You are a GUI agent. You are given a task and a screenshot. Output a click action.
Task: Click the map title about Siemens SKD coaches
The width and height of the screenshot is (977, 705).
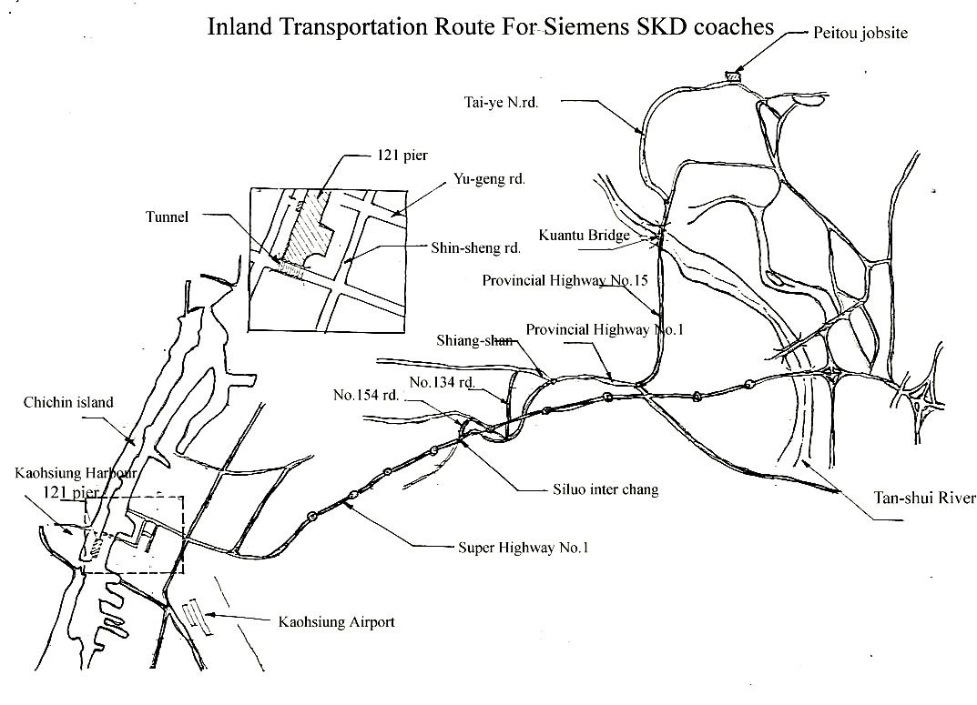click(x=491, y=25)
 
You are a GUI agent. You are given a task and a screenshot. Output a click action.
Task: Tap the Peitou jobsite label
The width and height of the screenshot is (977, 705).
click(x=860, y=33)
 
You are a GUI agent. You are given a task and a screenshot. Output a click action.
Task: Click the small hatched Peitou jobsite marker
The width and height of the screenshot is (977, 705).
click(x=732, y=76)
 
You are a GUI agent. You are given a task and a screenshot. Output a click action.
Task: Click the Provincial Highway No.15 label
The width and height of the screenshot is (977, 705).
click(x=564, y=280)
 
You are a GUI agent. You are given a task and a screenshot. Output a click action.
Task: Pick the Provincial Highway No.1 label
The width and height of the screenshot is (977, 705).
click(x=604, y=328)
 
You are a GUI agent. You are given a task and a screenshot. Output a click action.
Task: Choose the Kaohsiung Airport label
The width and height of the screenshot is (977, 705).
click(x=336, y=622)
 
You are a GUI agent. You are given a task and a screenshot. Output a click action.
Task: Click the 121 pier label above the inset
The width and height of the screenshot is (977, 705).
click(x=391, y=156)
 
